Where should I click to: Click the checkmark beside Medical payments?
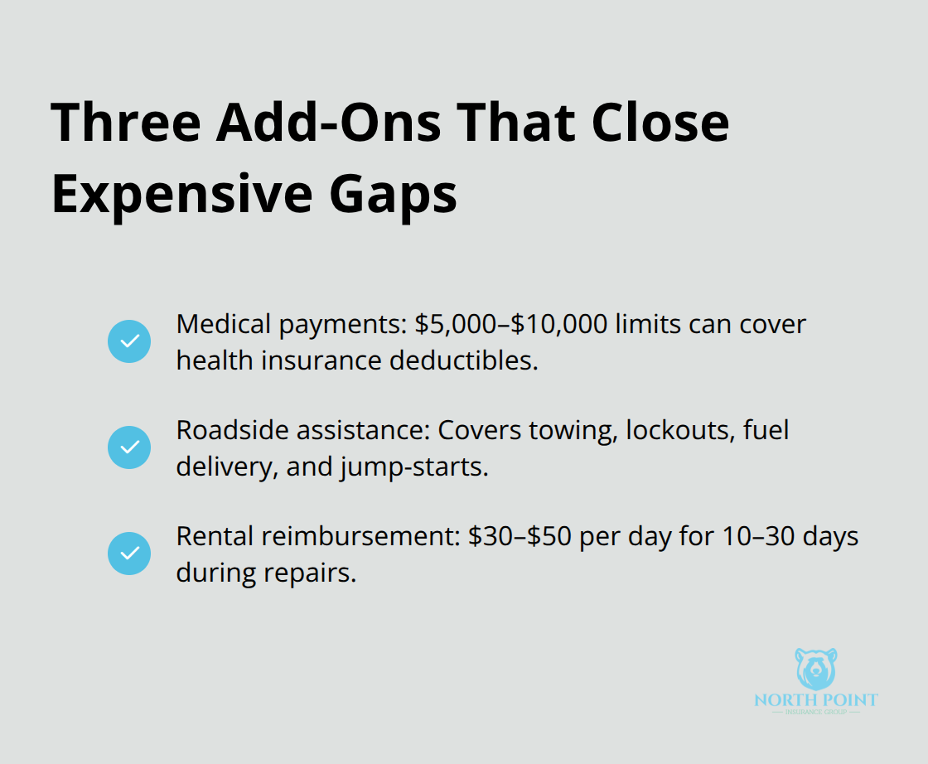click(x=129, y=341)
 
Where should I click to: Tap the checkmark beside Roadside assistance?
click(x=129, y=447)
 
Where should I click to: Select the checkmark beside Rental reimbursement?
click(x=129, y=553)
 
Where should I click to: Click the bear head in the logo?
click(x=816, y=670)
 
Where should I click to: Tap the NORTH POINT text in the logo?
click(x=816, y=700)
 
